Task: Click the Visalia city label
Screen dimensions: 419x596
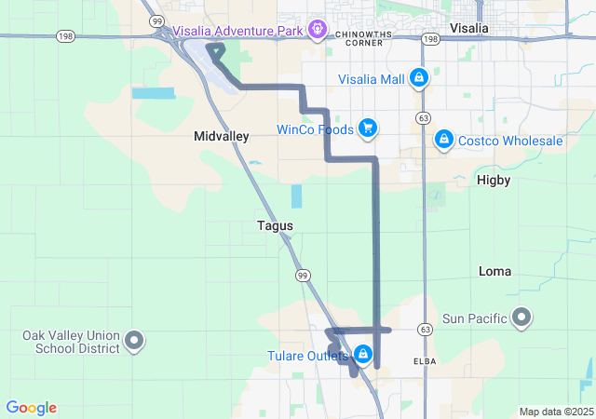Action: (468, 28)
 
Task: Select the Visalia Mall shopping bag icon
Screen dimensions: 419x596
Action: (419, 78)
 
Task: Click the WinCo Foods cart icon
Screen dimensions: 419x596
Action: (368, 128)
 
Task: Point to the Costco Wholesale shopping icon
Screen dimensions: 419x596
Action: (443, 140)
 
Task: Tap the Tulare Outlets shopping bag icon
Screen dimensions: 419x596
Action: (363, 355)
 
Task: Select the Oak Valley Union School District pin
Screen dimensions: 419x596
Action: (135, 342)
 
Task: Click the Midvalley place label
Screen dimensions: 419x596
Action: (222, 136)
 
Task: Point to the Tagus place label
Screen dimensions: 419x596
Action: (275, 225)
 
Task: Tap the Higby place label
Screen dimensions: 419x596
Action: (494, 178)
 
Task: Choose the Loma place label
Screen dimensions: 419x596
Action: (494, 271)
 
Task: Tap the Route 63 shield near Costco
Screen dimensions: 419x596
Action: (425, 118)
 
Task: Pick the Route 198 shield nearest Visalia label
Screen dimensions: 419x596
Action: (429, 40)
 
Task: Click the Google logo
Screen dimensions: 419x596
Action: (31, 408)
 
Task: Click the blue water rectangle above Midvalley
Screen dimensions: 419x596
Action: (153, 93)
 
